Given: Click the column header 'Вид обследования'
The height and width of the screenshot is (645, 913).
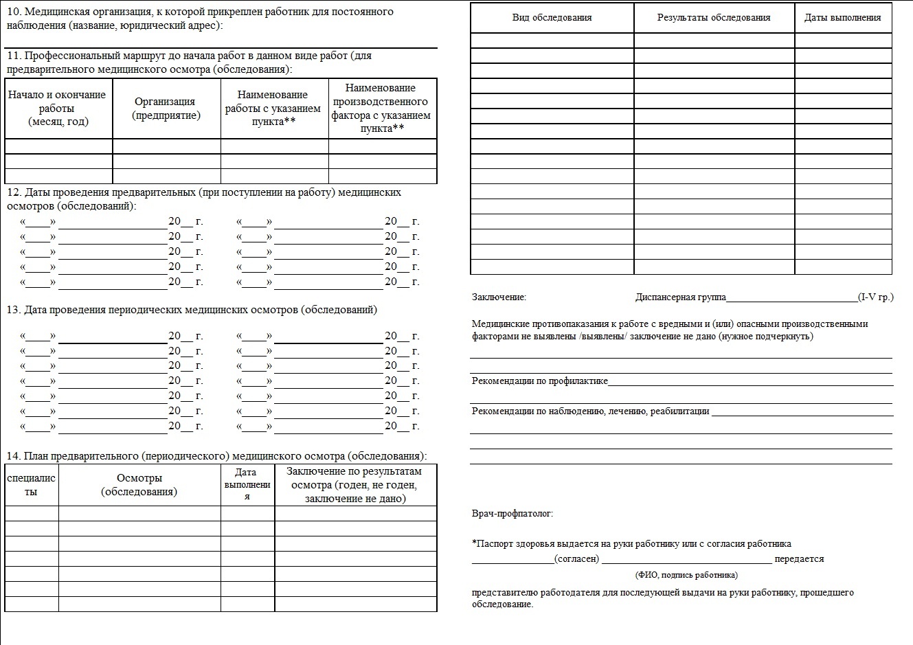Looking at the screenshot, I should click(552, 18).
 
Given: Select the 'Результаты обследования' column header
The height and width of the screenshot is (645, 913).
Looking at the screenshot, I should click(714, 18).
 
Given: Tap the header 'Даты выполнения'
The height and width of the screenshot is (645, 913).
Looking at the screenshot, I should click(842, 18).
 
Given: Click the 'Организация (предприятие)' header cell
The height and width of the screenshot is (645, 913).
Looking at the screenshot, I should click(166, 109).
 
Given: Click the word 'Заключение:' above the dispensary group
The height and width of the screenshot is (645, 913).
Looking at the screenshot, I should click(499, 297).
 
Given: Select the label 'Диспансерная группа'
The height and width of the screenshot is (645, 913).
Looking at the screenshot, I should click(680, 297).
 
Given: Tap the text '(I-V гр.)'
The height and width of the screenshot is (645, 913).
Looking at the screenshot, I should click(876, 297).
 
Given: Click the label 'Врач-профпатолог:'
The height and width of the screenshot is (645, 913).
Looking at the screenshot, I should click(512, 514).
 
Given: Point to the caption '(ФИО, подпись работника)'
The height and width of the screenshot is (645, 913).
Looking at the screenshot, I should click(686, 575).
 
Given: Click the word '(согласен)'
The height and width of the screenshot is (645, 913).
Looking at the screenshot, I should click(576, 559).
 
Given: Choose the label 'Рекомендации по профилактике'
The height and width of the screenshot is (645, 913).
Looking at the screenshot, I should click(539, 381).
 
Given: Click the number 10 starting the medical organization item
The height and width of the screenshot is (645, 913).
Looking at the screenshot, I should click(12, 12).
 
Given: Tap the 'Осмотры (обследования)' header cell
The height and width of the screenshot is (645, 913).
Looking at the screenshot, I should click(139, 485).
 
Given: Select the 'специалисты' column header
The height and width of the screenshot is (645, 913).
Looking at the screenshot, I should click(31, 485).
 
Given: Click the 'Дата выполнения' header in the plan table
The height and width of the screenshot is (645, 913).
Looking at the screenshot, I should click(247, 484).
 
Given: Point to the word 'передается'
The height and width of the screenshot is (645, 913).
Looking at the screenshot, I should click(799, 559).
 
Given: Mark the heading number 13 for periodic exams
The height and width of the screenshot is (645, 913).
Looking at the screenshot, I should click(13, 310).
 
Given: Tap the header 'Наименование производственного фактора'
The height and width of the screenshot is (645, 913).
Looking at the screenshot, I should click(381, 108).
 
